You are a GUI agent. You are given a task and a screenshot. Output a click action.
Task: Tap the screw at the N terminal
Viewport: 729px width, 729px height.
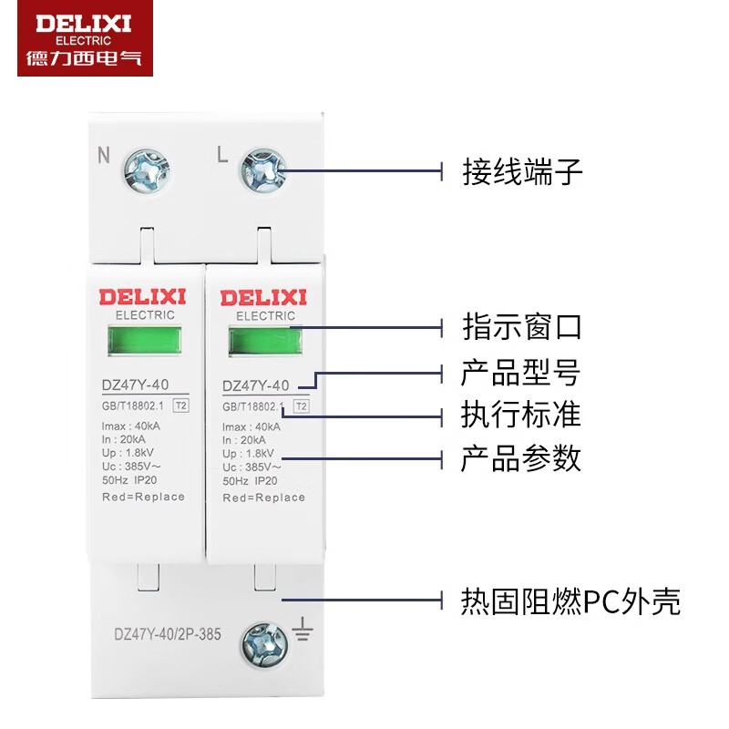tap(146, 171)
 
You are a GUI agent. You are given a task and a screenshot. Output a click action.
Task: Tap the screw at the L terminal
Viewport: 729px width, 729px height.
tap(264, 171)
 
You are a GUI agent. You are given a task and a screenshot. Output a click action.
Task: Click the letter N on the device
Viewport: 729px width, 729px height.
tap(104, 155)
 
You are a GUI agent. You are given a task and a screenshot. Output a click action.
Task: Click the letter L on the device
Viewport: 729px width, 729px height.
tap(221, 155)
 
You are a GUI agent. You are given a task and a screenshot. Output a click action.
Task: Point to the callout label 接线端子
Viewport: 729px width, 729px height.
tap(522, 171)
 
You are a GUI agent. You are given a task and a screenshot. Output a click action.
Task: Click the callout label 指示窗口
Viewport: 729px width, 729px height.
tap(522, 326)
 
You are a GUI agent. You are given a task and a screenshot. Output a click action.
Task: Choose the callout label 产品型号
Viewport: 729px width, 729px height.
tap(522, 373)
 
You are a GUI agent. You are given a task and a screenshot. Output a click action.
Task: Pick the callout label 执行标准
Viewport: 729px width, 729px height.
tap(522, 415)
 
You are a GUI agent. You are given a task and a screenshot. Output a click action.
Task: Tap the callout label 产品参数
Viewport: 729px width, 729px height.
tap(522, 458)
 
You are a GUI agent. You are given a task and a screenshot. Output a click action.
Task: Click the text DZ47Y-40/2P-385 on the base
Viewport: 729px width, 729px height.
tap(166, 633)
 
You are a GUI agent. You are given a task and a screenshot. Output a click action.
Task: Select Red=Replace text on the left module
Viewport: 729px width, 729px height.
tap(144, 497)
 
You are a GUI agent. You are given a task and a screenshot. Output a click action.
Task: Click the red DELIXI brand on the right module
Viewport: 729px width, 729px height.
tap(264, 297)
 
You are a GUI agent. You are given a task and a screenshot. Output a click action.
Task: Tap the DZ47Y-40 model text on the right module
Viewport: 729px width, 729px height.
tap(255, 385)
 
